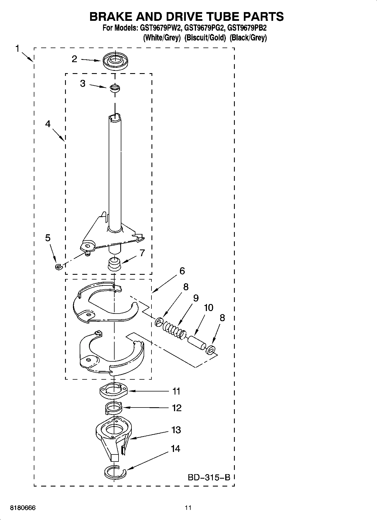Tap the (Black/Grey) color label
(248, 38)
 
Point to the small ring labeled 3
(115, 88)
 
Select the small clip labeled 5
(58, 266)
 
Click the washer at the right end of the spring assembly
(211, 350)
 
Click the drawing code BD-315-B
(209, 477)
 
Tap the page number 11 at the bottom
(188, 508)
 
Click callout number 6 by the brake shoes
(182, 271)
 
